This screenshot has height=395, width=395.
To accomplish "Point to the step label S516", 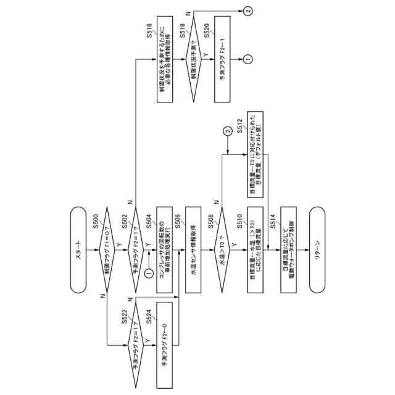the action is point(150,31).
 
